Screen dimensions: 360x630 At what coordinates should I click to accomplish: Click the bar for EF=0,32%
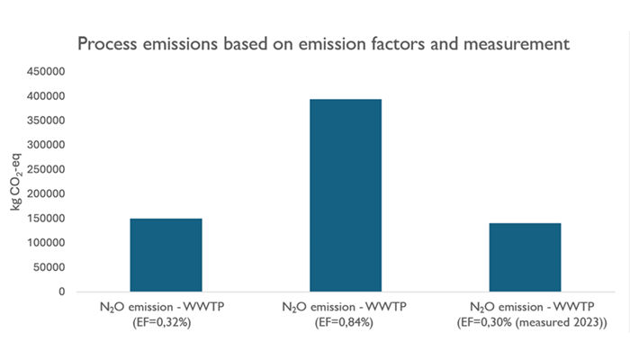(166, 255)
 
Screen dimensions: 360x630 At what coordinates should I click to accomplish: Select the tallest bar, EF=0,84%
(346, 195)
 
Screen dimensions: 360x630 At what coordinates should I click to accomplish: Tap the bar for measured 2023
(525, 257)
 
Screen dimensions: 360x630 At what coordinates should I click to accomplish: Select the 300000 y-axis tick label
(48, 145)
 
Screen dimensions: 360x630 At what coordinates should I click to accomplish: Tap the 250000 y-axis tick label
(48, 169)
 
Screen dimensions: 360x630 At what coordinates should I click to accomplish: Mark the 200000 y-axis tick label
(48, 193)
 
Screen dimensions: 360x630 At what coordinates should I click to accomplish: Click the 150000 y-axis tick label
(48, 219)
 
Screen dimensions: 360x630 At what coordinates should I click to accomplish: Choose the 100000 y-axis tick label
(48, 243)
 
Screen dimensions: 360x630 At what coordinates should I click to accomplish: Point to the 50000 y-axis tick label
(50, 267)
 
